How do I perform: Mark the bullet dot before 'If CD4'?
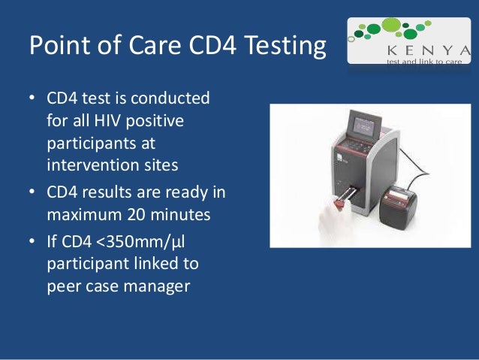[33, 243]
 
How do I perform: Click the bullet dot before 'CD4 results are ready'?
[33, 192]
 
